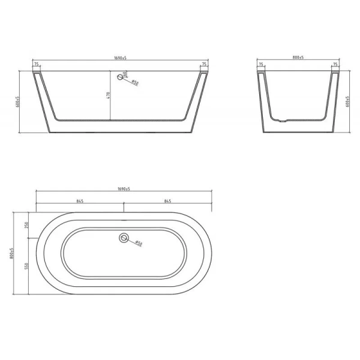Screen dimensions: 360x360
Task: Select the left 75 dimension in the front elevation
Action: pyautogui.click(x=37, y=64)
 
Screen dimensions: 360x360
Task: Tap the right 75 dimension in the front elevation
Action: pyautogui.click(x=204, y=64)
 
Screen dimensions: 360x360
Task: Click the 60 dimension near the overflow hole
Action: pyautogui.click(x=125, y=74)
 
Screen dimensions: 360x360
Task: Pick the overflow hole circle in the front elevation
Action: pyautogui.click(x=119, y=77)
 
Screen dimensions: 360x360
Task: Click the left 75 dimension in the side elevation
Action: pyautogui.click(x=261, y=64)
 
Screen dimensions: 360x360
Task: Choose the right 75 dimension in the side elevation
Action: pyautogui.click(x=335, y=64)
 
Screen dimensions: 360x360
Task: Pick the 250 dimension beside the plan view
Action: pyautogui.click(x=27, y=224)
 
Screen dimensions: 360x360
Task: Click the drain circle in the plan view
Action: pyautogui.click(x=124, y=238)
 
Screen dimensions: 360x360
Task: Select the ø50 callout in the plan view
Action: pyautogui.click(x=137, y=244)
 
